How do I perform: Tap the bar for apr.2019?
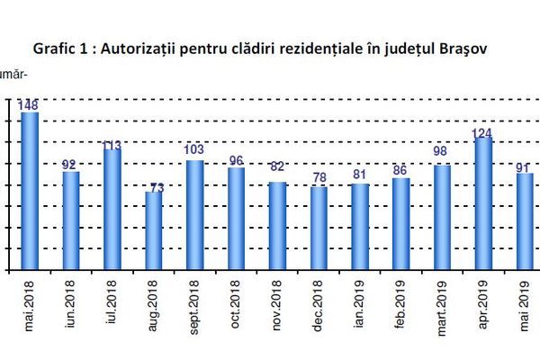click(x=482, y=203)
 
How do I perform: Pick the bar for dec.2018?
click(x=319, y=229)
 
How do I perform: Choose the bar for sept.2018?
click(x=195, y=215)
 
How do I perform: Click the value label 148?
click(x=29, y=104)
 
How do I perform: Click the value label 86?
click(x=400, y=169)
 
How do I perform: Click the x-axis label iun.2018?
click(x=70, y=307)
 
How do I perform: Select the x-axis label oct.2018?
click(x=237, y=307)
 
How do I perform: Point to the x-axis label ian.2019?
click(x=360, y=307)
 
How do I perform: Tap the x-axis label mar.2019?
click(x=442, y=305)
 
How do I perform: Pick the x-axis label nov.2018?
click(x=278, y=307)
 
